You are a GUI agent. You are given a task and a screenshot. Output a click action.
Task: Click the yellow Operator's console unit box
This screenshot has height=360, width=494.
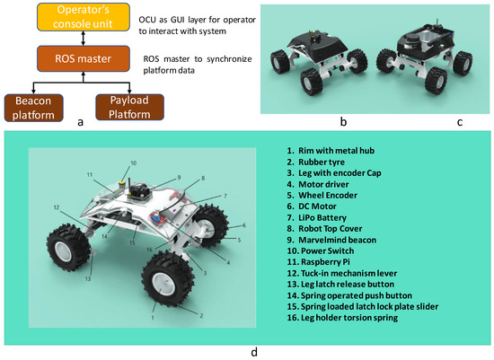pos(84,17)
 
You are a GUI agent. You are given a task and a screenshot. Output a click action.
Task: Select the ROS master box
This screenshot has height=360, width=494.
pos(84,58)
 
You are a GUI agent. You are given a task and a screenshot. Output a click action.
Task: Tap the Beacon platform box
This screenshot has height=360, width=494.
pos(33,108)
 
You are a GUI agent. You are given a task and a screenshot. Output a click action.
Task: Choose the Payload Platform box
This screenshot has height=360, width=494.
pos(129,107)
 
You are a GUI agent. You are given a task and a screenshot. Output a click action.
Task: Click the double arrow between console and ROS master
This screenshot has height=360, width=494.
pos(84,39)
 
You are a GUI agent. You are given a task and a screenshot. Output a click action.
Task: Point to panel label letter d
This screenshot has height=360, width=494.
pos(254,352)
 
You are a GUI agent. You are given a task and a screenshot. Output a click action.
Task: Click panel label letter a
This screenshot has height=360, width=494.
pos(80,122)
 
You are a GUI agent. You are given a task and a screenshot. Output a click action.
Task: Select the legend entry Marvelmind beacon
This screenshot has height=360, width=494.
pos(331,240)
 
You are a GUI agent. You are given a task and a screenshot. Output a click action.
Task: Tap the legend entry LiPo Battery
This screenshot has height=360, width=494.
pos(317,217)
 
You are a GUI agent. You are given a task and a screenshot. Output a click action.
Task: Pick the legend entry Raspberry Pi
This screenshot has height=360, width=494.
pos(318,262)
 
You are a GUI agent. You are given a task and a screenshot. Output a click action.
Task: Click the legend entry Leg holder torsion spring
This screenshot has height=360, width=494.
pos(342,318)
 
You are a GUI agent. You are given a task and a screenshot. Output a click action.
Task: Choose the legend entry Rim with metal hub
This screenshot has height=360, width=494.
pos(331,151)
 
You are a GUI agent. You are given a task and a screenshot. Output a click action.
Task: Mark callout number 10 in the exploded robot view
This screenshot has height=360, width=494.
pos(134,163)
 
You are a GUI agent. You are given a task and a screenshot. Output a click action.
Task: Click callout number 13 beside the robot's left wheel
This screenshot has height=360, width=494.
pos(88,278)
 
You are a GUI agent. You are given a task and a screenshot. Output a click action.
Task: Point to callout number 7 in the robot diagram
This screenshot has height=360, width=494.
pos(225,196)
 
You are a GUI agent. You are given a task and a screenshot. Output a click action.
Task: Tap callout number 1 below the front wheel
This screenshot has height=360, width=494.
pos(153,318)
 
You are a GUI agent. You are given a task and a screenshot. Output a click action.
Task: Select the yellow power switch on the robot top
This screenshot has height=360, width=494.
pos(120,183)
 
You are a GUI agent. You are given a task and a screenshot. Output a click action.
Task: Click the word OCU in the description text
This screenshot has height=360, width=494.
pos(147,20)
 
